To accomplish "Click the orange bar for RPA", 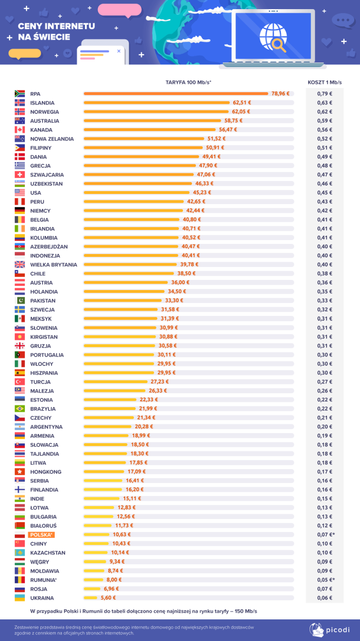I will point(176,94).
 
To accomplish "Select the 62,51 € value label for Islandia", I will point(242,103).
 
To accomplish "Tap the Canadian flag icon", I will point(20,130).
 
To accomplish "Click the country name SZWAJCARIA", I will point(47,175).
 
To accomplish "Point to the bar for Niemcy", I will point(133,211).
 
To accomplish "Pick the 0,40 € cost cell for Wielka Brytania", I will point(324,265).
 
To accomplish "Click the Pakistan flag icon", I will point(20,301).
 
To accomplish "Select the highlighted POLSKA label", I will point(42,535).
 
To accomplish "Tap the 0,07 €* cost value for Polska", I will point(326,535).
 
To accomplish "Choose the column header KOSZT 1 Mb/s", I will point(324,82).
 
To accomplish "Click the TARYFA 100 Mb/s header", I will point(189,82).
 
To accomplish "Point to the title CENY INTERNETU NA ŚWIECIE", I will point(57,31).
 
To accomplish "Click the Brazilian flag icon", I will point(20,409).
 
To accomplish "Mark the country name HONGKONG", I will point(46,472).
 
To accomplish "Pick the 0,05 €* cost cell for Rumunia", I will point(326,580).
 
